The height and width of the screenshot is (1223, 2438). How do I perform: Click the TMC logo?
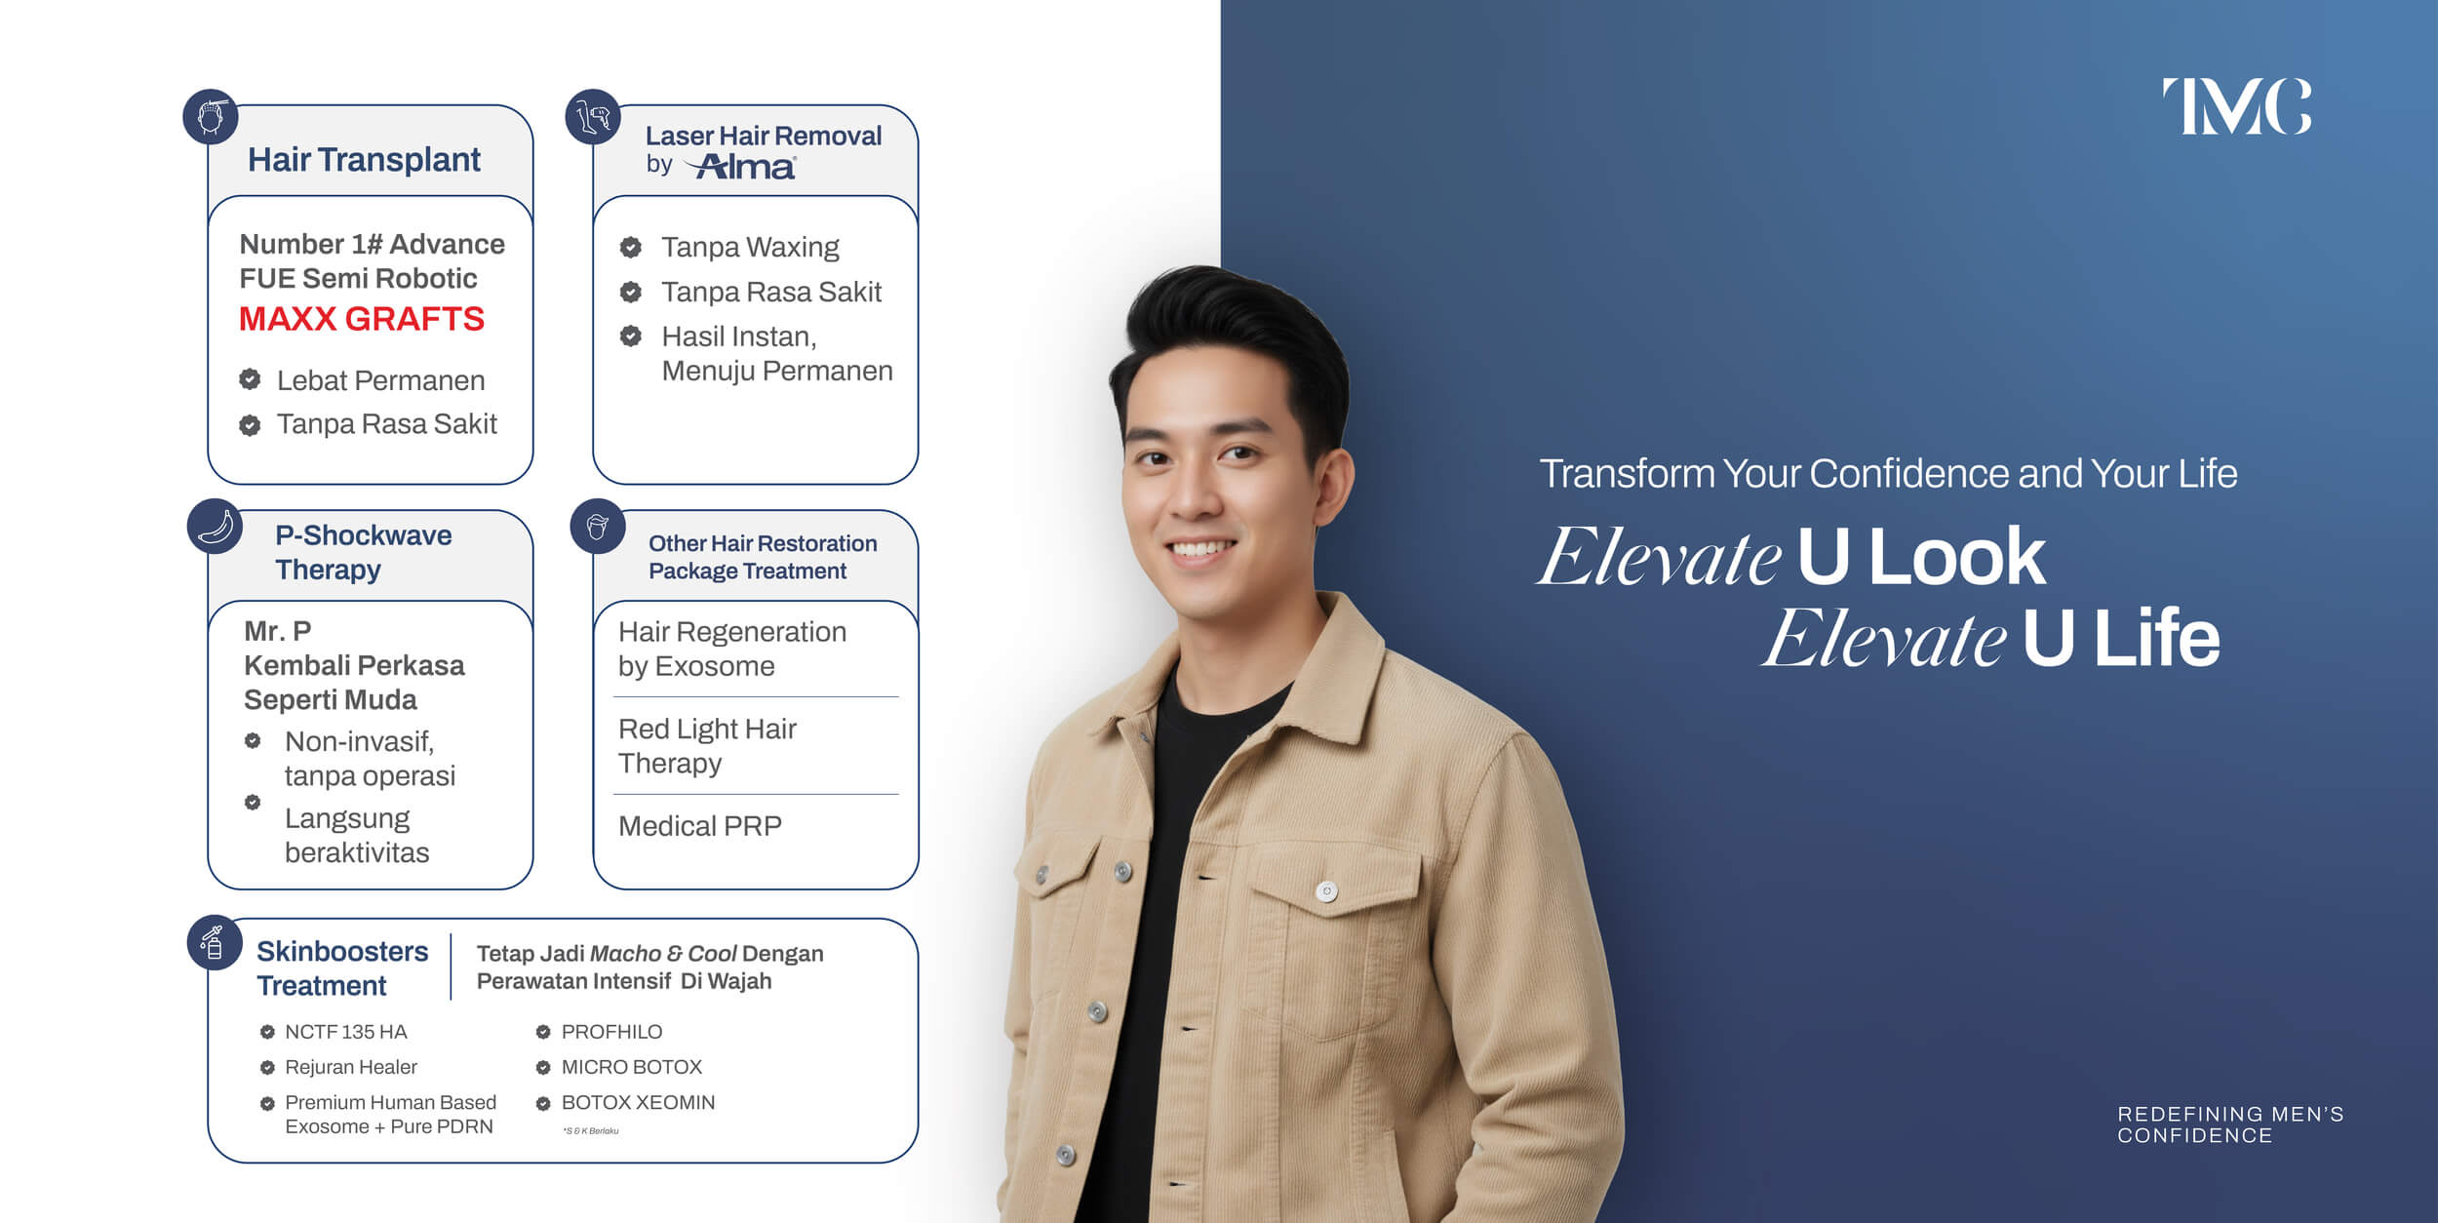coord(2236,106)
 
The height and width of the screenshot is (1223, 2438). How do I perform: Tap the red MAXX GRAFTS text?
coord(362,319)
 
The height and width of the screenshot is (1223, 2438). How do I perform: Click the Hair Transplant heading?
coord(364,159)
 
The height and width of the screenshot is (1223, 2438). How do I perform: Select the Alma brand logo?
coord(740,167)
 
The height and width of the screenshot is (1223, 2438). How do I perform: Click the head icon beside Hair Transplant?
coord(212,116)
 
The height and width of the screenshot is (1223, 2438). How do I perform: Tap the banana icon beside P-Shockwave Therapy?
coord(215,527)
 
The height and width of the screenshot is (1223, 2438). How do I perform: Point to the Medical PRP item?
coord(700,826)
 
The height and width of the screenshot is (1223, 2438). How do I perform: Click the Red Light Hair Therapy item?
coord(708,746)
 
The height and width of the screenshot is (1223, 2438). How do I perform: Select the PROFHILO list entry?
coord(611,1032)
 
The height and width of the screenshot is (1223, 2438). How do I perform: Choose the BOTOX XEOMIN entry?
coord(638,1102)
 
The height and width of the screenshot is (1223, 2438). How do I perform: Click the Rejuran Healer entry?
coord(351,1067)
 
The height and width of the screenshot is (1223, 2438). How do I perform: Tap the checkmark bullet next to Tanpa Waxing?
coord(631,247)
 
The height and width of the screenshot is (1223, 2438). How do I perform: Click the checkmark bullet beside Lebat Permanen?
coord(250,379)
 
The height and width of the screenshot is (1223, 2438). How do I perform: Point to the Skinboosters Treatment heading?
coord(342,968)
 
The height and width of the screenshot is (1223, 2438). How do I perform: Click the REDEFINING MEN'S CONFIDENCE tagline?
coord(2230,1124)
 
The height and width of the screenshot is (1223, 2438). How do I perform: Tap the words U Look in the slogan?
coord(1920,556)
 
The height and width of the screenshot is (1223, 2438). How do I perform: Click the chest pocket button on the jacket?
coord(1326,891)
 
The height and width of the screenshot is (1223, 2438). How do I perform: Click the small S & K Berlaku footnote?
coord(591,1131)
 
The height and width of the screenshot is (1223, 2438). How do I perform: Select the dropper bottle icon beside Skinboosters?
coord(214,942)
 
